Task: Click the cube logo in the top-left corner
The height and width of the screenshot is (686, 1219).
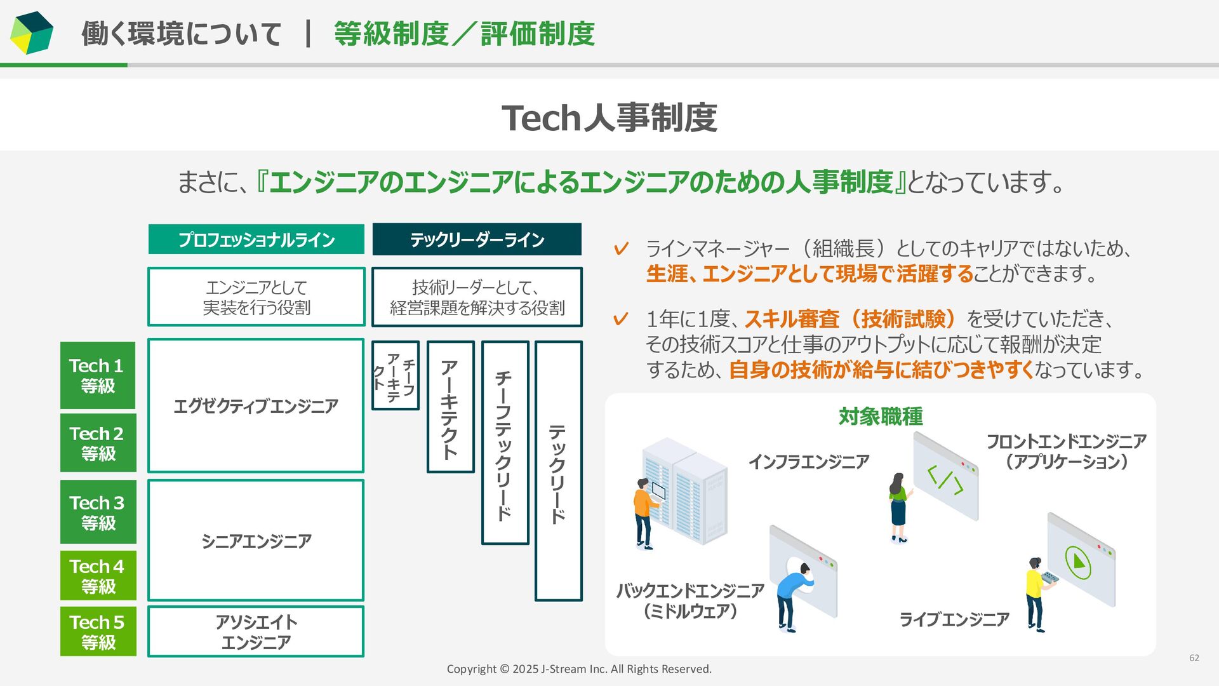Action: coord(32,33)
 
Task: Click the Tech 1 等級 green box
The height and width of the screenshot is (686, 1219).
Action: coord(98,375)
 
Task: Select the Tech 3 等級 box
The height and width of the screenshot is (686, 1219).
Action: coord(98,512)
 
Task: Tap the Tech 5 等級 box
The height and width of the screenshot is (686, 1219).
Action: coord(98,631)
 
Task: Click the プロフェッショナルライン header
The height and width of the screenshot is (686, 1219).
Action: coord(256,239)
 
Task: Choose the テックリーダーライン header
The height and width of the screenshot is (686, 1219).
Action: coord(477,239)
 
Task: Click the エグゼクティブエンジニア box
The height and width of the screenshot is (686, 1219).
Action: coord(256,406)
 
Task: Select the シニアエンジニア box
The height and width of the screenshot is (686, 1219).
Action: coord(256,541)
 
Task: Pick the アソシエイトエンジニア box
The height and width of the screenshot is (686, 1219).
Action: coord(256,631)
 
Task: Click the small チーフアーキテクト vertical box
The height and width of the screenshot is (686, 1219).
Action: coord(395,375)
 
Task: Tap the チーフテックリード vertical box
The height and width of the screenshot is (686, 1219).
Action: coord(505,443)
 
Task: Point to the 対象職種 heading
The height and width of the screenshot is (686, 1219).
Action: coord(881,417)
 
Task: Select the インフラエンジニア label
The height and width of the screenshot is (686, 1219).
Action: coord(808,462)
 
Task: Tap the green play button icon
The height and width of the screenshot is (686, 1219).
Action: coord(1077,562)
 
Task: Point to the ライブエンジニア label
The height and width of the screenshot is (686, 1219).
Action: coord(954,619)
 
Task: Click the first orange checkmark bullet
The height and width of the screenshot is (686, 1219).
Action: coord(621,248)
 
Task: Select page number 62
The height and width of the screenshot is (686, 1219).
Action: coord(1194,658)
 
